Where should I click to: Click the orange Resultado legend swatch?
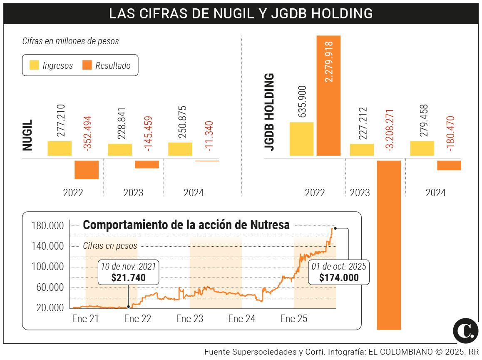pyautogui.click(x=87, y=65)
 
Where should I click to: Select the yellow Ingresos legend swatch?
pyautogui.click(x=34, y=65)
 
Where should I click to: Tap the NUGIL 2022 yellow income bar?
pyautogui.click(x=60, y=148)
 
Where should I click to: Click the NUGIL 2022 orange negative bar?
pyautogui.click(x=87, y=170)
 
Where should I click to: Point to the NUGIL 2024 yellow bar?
pyautogui.click(x=180, y=149)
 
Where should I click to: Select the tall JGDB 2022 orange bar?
pyautogui.click(x=328, y=96)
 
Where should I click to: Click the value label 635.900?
pyautogui.click(x=302, y=101)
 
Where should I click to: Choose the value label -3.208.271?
pyautogui.click(x=390, y=130)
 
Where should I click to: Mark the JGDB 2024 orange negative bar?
pyautogui.click(x=449, y=165)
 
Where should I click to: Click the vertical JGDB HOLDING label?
pyautogui.click(x=270, y=112)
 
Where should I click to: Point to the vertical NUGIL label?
pyautogui.click(x=27, y=136)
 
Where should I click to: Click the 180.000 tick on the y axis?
pyautogui.click(x=47, y=226)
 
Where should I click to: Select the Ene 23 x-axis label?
pyautogui.click(x=189, y=319)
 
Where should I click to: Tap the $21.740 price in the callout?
pyautogui.click(x=128, y=277)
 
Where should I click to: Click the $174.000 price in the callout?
pyautogui.click(x=339, y=277)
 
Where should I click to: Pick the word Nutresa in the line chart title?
pyautogui.click(x=270, y=225)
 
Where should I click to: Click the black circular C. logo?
pyautogui.click(x=465, y=330)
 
